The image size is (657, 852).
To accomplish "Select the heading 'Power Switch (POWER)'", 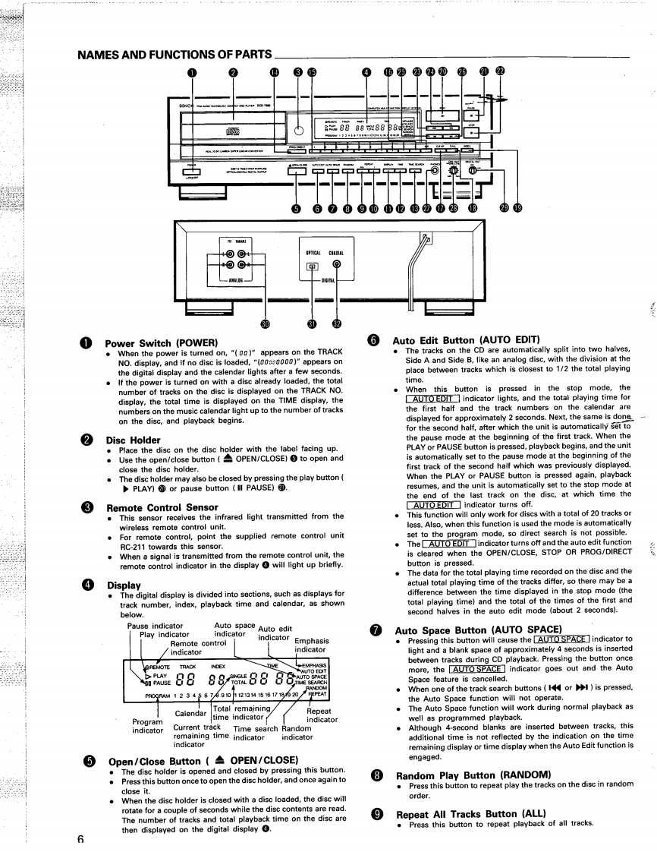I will pos(156,342).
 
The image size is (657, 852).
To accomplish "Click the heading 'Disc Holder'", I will pos(133,439).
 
